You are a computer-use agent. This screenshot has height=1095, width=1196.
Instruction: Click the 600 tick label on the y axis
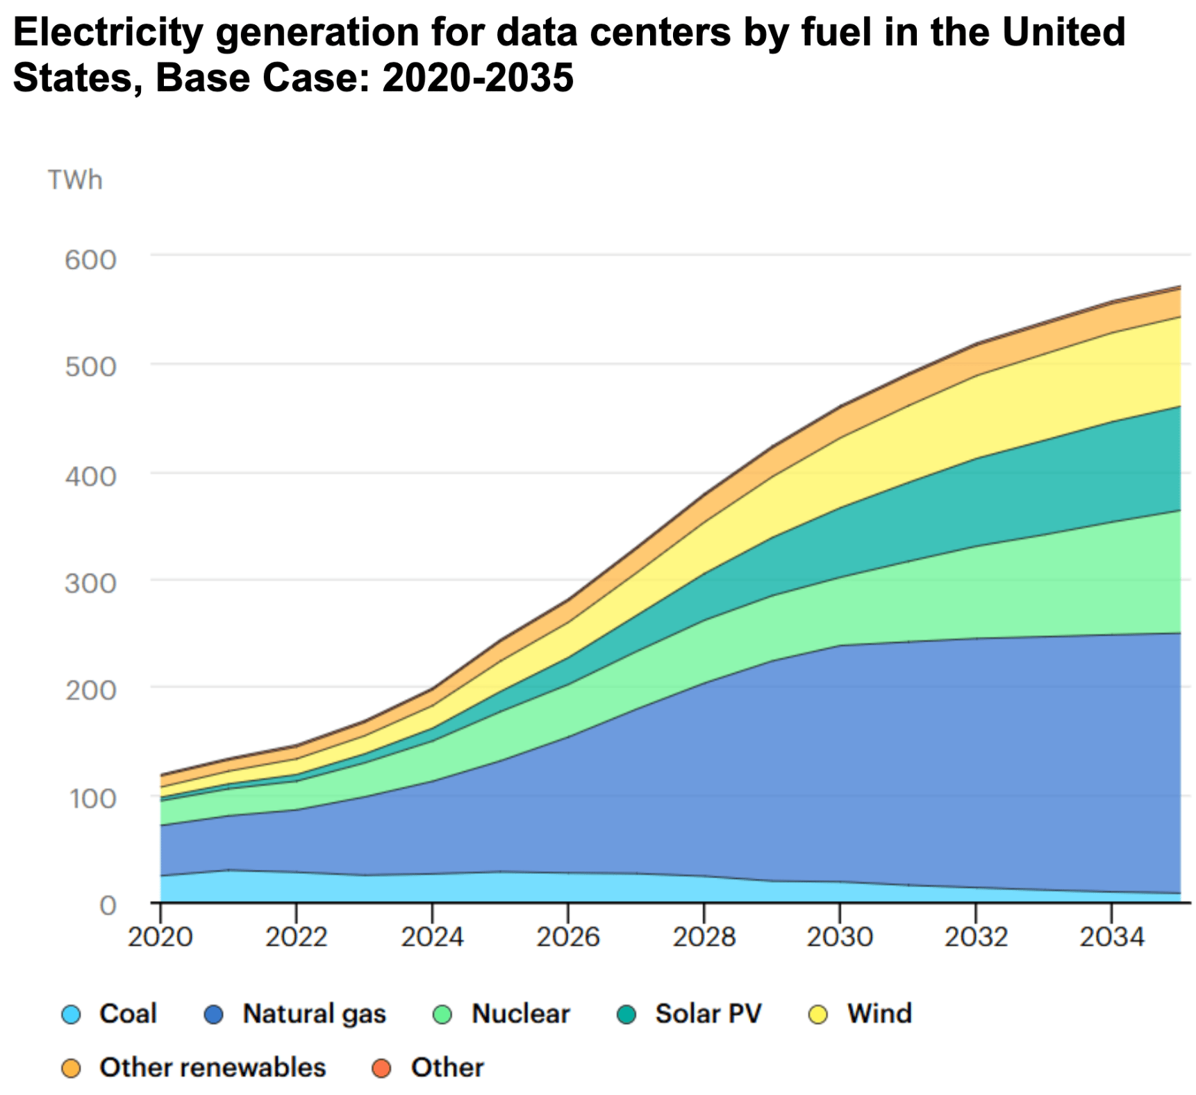click(90, 260)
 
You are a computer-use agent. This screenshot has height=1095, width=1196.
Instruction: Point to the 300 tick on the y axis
click(90, 583)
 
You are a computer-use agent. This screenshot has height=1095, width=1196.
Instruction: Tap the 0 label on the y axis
click(108, 905)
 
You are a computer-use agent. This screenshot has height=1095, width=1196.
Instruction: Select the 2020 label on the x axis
click(160, 937)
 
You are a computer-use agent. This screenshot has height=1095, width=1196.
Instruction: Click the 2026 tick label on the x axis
click(568, 937)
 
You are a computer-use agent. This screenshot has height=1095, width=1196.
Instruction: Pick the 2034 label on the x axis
click(1111, 937)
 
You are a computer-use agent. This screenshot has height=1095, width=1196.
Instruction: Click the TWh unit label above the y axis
click(75, 180)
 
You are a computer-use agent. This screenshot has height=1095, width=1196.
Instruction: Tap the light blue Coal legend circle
click(71, 1015)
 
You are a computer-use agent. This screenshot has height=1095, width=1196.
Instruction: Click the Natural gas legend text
click(314, 1014)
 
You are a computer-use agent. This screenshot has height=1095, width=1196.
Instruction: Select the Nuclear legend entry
click(520, 1014)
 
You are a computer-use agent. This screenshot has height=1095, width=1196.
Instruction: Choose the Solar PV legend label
click(708, 1014)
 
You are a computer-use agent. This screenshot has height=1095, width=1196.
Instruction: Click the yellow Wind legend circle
click(819, 1015)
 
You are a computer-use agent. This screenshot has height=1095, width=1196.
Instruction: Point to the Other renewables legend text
click(213, 1067)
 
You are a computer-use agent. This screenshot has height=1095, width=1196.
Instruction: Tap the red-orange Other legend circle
click(381, 1069)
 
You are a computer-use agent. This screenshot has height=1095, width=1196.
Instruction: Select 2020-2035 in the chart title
click(478, 77)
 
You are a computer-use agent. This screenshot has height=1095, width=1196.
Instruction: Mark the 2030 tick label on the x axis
click(839, 937)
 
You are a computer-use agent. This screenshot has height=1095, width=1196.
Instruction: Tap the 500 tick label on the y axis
click(90, 367)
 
